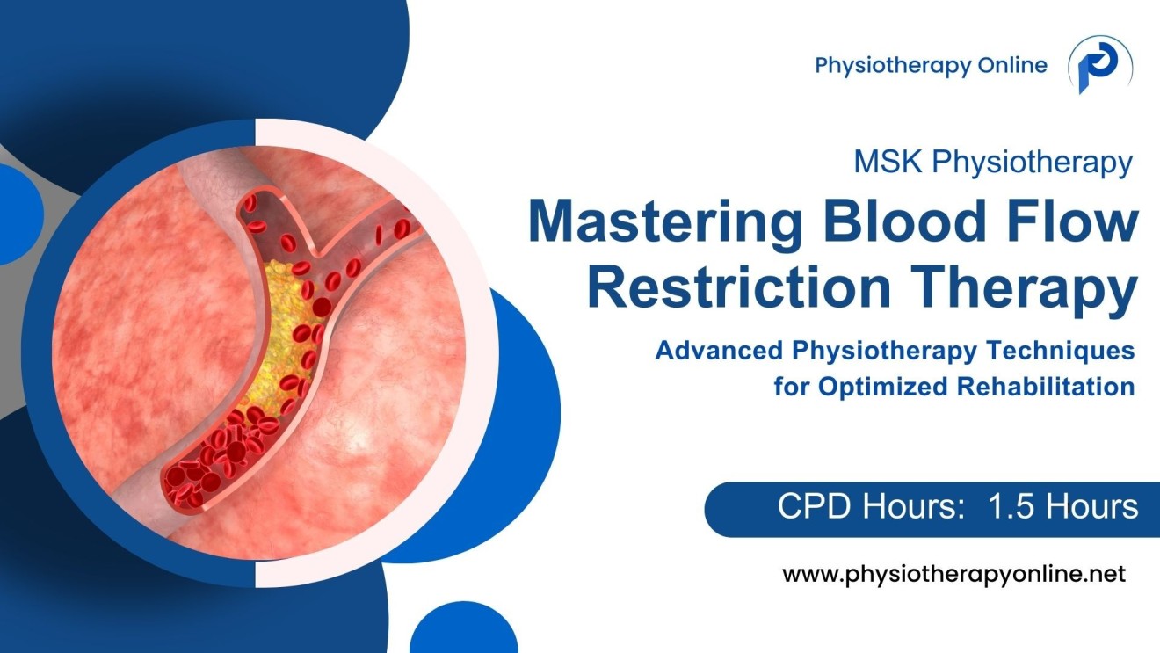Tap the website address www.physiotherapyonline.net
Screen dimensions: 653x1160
[x=953, y=575]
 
